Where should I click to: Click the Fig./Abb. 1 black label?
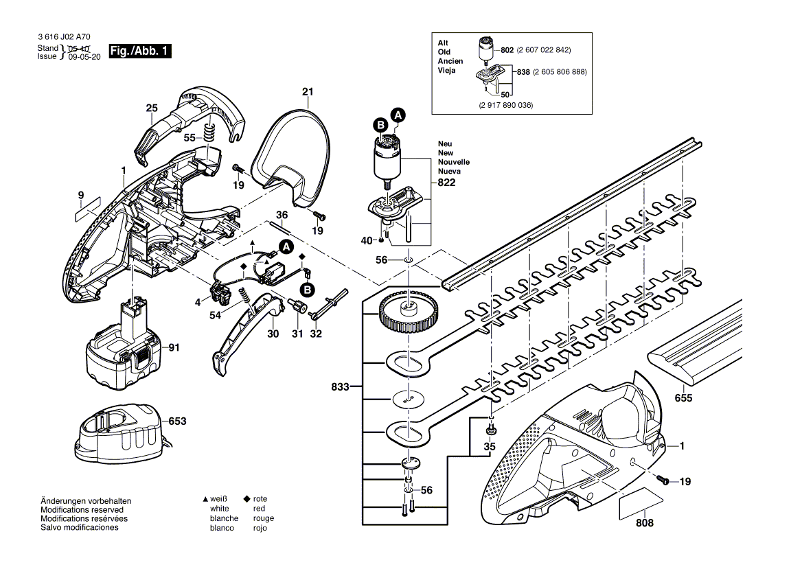pos(140,51)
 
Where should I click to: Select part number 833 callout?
pos(340,386)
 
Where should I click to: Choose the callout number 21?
pos(308,92)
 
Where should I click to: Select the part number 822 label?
pos(446,183)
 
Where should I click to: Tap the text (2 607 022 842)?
pos(544,50)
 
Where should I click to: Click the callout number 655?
pos(683,397)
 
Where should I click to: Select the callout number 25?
pos(152,108)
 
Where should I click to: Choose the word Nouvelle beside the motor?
pos(454,162)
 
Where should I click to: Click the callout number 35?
pos(490,446)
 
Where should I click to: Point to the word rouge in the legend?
pos(264,518)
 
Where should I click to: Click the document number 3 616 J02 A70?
pos(64,37)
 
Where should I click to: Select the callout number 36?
pos(282,216)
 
